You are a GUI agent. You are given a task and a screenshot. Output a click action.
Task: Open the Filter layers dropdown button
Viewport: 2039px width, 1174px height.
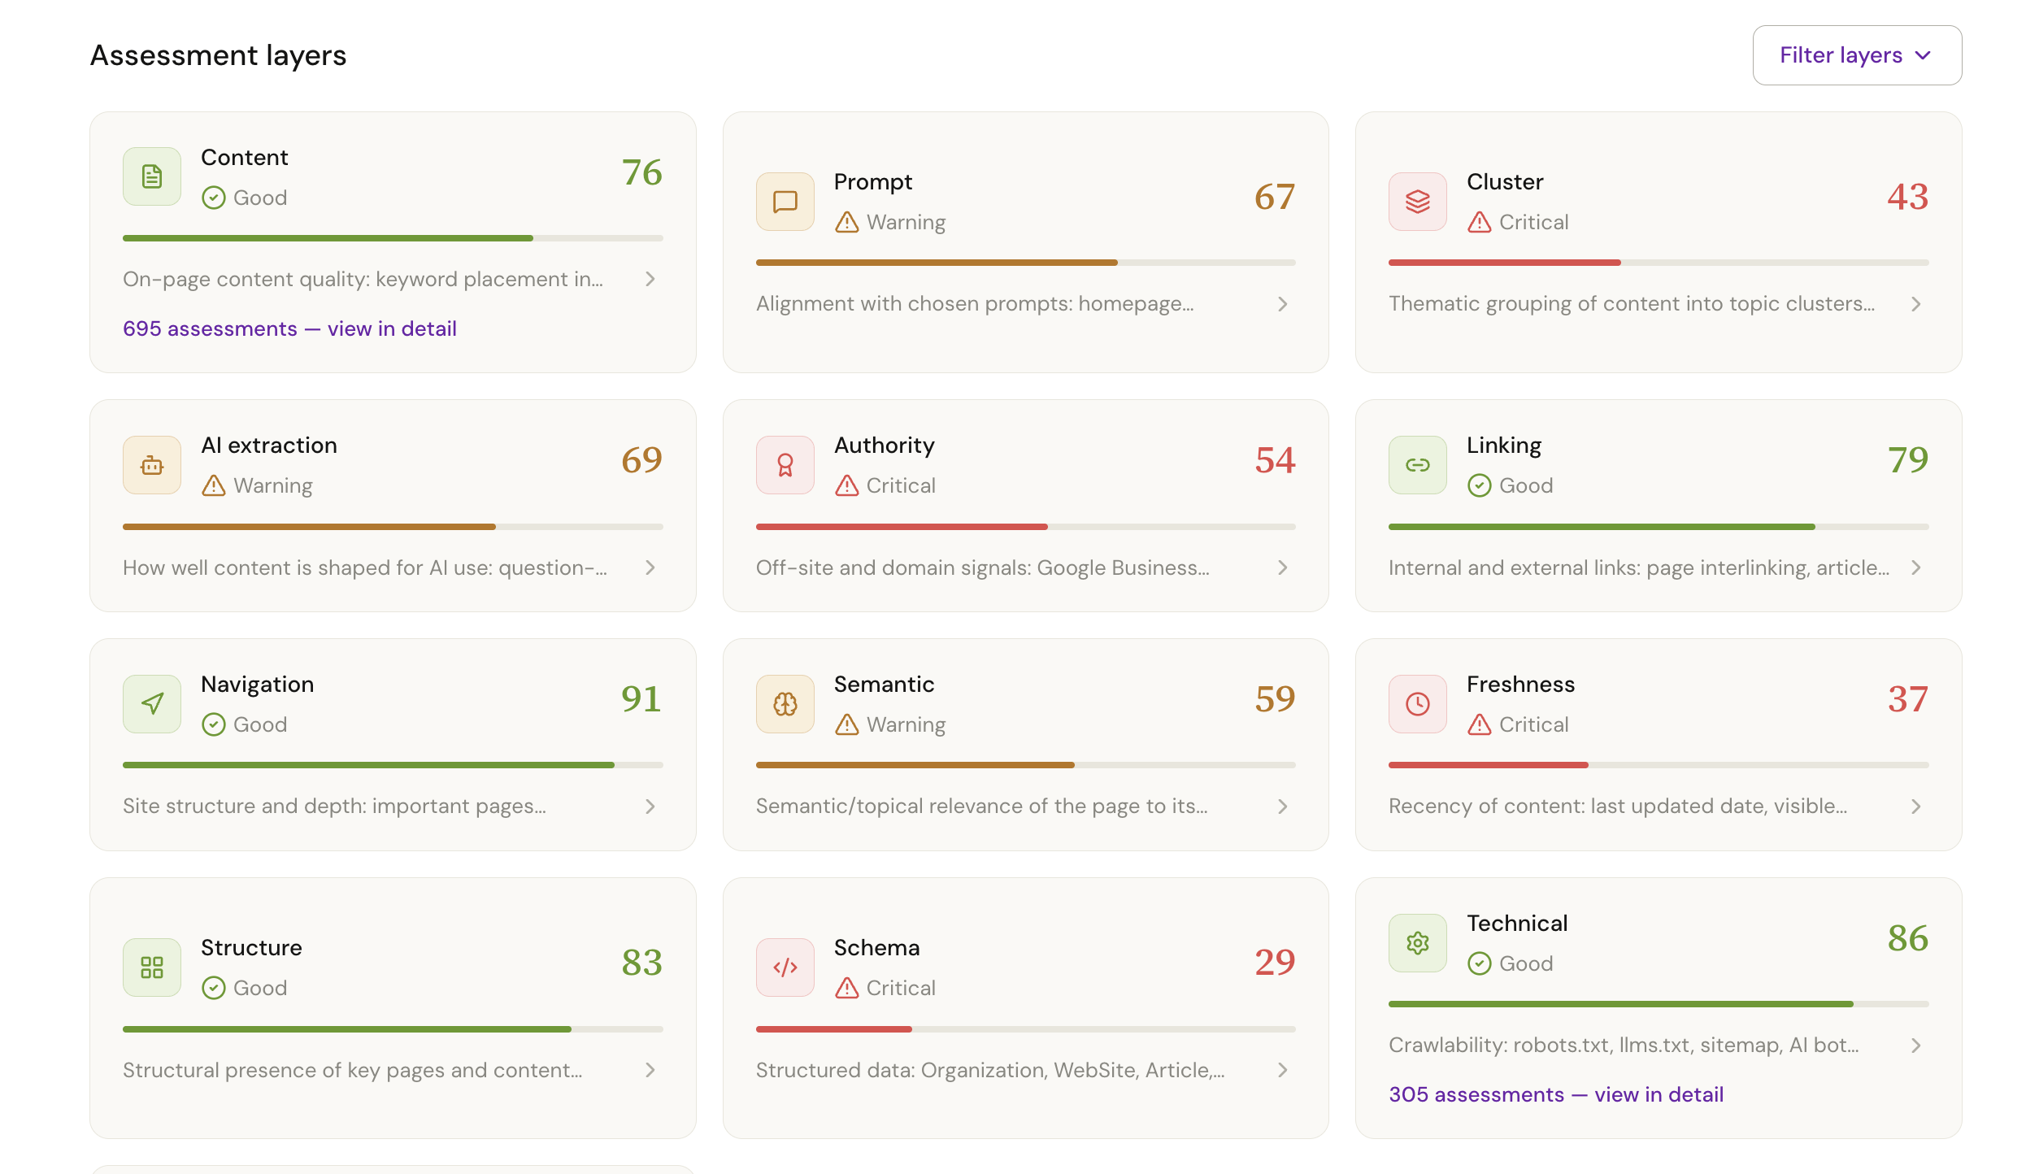point(1856,55)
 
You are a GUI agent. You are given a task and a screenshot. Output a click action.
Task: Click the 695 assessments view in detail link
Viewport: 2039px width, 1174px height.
point(289,328)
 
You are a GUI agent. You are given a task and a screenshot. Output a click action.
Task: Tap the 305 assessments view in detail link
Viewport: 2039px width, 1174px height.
point(1555,1094)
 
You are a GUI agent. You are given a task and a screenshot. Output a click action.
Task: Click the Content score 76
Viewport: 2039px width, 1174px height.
point(641,172)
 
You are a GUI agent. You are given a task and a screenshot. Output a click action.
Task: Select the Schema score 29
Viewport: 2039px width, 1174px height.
point(1274,963)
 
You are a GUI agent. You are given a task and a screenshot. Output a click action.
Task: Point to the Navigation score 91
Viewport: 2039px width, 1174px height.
point(641,699)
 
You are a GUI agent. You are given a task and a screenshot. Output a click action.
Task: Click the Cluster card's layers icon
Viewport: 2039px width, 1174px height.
point(1417,202)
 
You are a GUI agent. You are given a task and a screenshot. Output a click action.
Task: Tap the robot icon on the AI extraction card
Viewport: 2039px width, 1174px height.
point(152,465)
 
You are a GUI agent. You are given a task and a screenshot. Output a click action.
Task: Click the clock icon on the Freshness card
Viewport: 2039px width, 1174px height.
point(1417,704)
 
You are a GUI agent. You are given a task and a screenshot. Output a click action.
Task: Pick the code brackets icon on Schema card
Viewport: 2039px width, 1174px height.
point(785,967)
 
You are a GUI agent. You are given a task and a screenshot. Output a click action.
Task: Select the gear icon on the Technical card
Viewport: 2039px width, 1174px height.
point(1417,943)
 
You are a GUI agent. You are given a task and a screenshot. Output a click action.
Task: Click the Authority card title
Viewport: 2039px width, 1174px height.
point(884,446)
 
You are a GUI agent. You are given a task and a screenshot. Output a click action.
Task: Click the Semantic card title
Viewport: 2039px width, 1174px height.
point(884,685)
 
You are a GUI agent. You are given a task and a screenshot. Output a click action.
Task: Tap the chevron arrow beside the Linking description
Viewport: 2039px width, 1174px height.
point(1915,567)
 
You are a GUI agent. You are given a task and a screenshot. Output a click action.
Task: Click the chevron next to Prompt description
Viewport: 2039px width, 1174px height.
point(1282,304)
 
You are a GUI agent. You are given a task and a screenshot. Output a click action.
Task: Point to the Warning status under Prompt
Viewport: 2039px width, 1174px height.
point(890,222)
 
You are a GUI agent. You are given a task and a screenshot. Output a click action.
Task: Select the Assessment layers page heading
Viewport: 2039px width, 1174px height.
point(218,55)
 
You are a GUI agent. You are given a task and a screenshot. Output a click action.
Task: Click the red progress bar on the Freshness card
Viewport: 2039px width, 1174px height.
point(1488,765)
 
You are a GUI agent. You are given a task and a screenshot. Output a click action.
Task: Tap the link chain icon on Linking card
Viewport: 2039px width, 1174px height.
point(1417,465)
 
